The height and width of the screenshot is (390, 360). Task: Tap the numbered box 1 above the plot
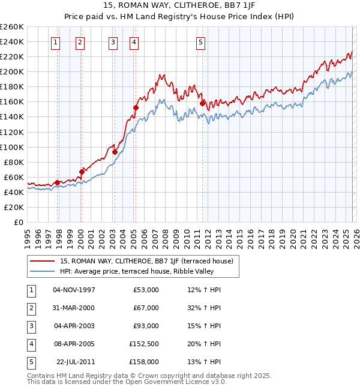click(x=55, y=42)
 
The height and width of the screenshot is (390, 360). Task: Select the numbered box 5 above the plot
click(x=200, y=42)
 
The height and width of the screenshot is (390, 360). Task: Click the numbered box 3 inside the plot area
click(x=113, y=42)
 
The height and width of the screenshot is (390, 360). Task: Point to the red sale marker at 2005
click(x=136, y=108)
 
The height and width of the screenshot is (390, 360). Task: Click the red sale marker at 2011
click(x=202, y=103)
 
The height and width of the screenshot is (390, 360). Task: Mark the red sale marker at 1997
click(x=57, y=182)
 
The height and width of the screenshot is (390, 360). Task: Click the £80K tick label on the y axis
click(x=14, y=162)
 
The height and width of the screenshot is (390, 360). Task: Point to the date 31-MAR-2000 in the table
click(x=74, y=308)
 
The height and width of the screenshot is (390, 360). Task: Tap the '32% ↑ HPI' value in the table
click(x=204, y=308)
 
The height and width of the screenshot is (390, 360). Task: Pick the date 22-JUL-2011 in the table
click(x=76, y=362)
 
